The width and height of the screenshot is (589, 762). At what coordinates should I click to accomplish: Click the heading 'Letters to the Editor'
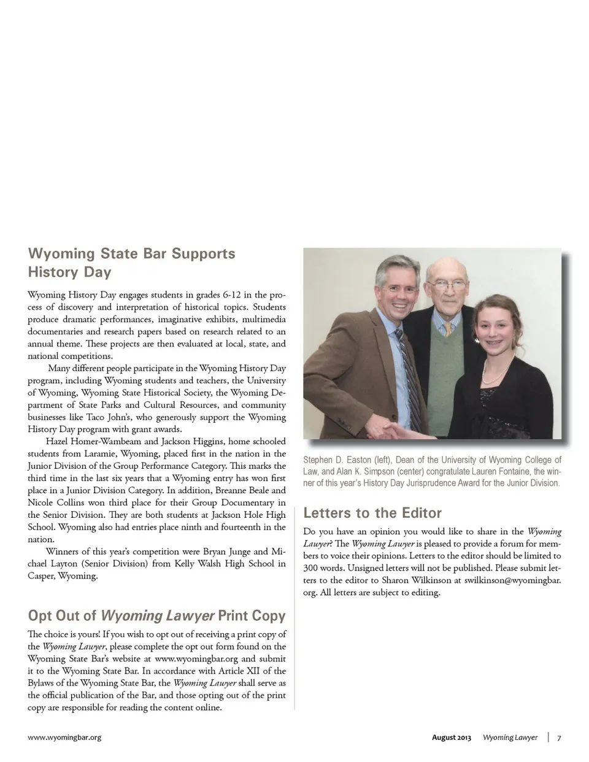click(x=372, y=513)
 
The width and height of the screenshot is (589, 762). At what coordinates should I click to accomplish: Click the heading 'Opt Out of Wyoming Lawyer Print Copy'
click(x=156, y=615)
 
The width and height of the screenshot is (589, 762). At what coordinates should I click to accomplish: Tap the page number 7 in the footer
click(x=559, y=737)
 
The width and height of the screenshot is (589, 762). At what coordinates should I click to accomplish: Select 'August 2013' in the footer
click(x=451, y=737)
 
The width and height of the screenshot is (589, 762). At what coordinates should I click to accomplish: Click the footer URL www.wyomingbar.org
click(x=64, y=737)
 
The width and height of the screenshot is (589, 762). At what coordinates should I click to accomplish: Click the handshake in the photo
click(x=400, y=429)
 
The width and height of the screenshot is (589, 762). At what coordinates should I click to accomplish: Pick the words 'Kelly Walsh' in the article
click(x=198, y=563)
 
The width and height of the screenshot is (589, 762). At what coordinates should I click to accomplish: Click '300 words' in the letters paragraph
click(x=323, y=568)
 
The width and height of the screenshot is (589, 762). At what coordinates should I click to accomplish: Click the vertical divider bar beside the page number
click(x=548, y=737)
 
